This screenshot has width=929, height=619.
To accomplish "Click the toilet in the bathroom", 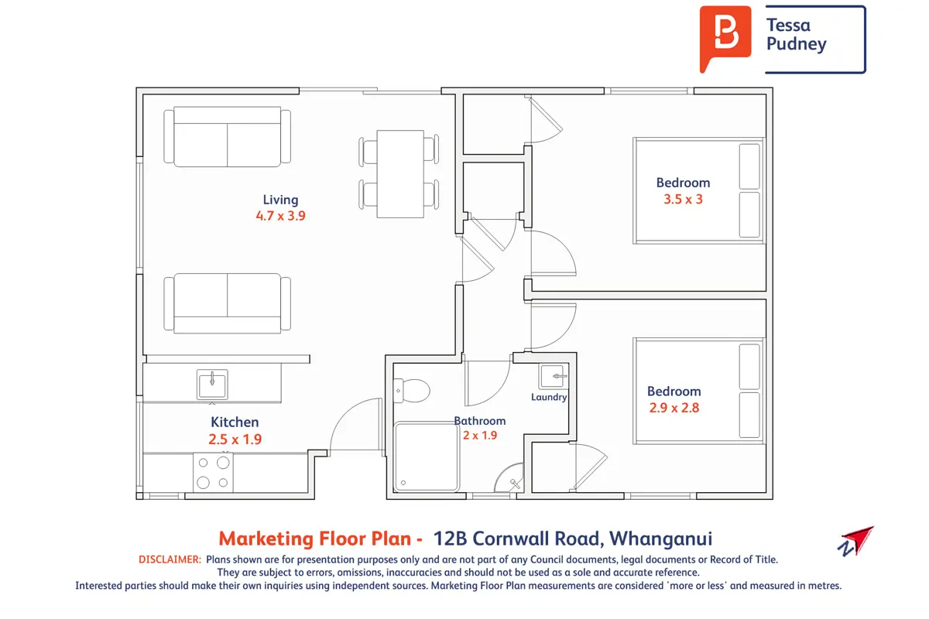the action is coord(411,391).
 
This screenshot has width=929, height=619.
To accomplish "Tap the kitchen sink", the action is coord(212,385).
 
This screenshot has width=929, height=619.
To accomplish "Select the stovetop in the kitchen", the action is coord(213,473).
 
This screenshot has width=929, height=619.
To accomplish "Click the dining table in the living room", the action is coord(400,174).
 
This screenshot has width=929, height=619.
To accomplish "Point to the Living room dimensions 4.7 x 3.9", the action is coord(280,216).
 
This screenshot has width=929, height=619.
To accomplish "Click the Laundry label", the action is coord(549,397).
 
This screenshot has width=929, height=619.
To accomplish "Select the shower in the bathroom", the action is coord(427,457).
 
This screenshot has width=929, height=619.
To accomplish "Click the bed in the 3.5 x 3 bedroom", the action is coord(699,190).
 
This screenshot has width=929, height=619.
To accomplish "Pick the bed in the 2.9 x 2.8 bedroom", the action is coord(699,392).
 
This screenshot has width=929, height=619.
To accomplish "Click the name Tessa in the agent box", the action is coord(788,26).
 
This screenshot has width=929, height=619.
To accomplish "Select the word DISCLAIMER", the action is coord(170,559).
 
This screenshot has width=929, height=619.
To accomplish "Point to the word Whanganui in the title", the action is coord(660,539).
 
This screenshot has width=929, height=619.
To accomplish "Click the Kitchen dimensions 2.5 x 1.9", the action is coord(235,439).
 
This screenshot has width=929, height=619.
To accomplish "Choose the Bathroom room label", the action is coord(480,421).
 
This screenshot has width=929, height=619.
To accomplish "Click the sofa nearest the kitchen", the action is coord(228,303).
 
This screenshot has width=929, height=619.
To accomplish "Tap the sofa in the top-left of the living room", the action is coord(228,137).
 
